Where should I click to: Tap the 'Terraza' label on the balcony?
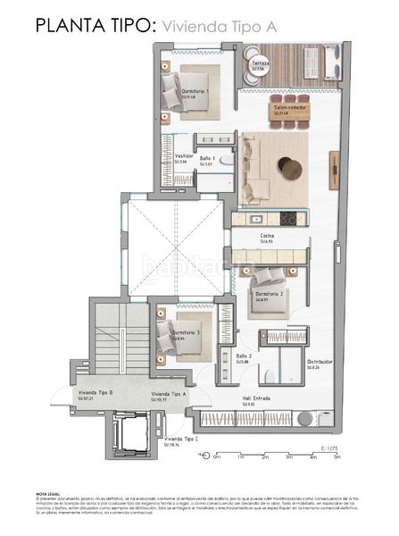point(260,64)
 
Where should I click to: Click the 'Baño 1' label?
point(206,158)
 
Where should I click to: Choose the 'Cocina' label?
point(266,237)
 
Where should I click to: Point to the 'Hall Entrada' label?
point(256,399)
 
